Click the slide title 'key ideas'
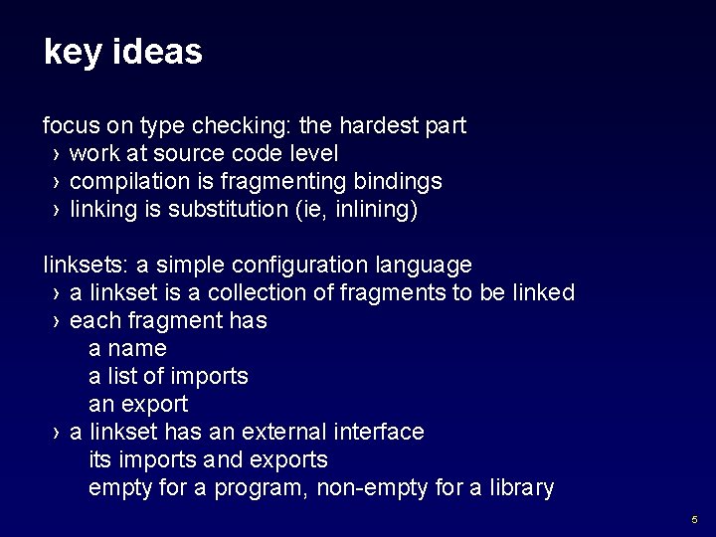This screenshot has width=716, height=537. pyautogui.click(x=122, y=53)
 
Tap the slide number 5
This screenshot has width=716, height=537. pyautogui.click(x=694, y=519)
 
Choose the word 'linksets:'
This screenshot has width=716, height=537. pyautogui.click(x=86, y=266)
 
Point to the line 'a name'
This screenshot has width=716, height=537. pyautogui.click(x=127, y=349)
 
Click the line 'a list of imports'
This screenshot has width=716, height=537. pyautogui.click(x=168, y=377)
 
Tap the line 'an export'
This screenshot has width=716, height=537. pyautogui.click(x=138, y=405)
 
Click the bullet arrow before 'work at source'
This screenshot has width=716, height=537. pyautogui.click(x=57, y=155)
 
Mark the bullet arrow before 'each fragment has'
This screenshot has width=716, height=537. pyautogui.click(x=57, y=322)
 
